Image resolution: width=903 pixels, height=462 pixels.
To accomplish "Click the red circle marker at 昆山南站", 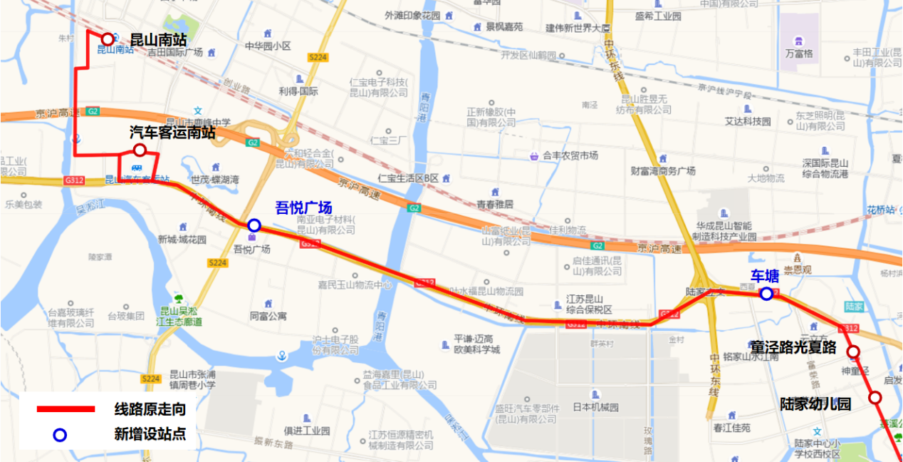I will coord(108,39).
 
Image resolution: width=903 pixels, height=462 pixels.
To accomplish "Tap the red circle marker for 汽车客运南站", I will coord(140,150).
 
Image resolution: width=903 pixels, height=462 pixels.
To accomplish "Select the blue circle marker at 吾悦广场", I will coord(254,225).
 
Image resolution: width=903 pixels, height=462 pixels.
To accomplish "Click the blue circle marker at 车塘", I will coord(766,294).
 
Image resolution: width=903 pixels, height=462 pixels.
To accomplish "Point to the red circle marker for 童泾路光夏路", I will coord(852,351).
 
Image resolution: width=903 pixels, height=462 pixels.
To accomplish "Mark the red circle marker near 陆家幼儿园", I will coord(875,397).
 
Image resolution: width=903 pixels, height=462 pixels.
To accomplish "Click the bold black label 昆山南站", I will coord(157,40).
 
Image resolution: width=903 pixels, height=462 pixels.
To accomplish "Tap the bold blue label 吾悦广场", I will coord(303,208).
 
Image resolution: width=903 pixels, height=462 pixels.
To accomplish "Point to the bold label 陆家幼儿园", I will coord(815,404).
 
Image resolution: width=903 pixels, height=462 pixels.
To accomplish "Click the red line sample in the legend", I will coord(66,409).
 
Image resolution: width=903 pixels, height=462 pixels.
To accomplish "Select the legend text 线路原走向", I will coord(150,409).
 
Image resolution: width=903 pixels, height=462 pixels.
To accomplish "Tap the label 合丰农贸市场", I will coord(570,155).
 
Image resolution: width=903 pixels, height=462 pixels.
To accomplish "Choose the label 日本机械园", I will coord(595,408).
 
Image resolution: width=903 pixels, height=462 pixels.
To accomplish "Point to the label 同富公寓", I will coord(268,316).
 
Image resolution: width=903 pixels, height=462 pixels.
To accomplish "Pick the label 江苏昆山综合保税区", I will coord(589,304).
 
